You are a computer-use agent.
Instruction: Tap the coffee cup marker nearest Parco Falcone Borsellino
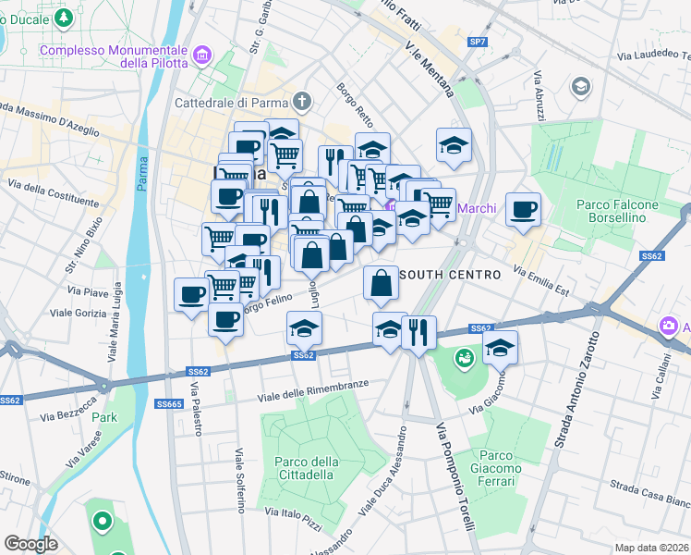pos(524,210)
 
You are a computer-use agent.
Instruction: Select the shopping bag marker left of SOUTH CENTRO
pos(381,283)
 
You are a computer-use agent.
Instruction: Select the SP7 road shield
pos(477,43)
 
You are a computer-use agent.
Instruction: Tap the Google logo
pos(30,544)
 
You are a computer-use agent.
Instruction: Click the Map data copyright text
pos(651,548)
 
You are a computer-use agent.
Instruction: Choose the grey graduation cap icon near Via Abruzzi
pos(580,87)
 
